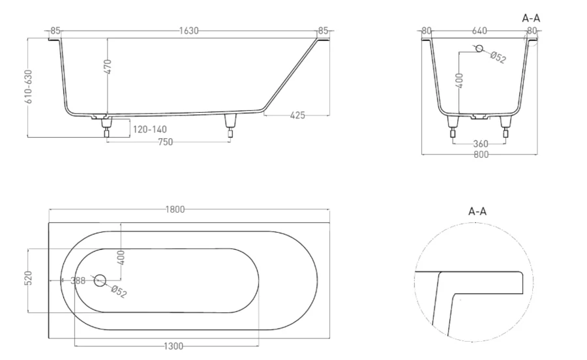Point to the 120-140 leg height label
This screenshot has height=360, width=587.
[150, 129]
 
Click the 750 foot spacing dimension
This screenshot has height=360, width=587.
[165, 143]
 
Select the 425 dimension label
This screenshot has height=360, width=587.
[297, 115]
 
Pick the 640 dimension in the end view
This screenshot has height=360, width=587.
[479, 30]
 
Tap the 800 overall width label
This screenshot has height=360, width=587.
[481, 155]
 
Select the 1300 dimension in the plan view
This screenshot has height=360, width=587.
[173, 345]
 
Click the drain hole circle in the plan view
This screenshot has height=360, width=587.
[100, 280]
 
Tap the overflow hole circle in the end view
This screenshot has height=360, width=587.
[479, 50]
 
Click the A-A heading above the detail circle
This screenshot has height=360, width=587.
[477, 211]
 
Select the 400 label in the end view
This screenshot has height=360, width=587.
[460, 80]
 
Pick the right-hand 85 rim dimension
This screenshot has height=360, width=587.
[323, 31]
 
